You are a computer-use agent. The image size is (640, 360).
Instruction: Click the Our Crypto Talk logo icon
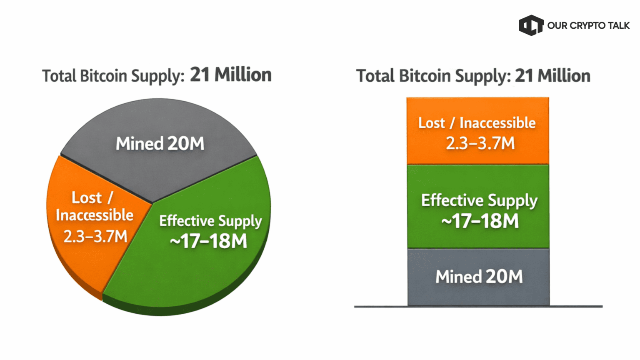point(531,25)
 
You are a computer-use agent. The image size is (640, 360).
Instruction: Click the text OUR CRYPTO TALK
point(588,26)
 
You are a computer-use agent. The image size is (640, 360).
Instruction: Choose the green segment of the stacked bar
point(477,179)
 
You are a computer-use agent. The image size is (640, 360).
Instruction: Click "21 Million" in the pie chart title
point(231,75)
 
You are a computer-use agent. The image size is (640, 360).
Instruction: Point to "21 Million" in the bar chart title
point(552,76)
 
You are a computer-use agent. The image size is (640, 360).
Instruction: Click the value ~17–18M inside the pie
point(208,241)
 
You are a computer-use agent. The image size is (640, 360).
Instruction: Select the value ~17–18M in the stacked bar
point(480,221)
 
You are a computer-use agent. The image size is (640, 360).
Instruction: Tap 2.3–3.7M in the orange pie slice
point(95,236)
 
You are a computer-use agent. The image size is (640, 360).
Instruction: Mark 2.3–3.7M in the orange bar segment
point(480,143)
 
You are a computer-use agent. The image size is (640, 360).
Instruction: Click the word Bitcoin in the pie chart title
point(103,76)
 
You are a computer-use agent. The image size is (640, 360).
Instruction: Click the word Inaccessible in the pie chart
point(95,215)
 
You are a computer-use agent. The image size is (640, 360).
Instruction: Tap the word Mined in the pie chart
point(139,144)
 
